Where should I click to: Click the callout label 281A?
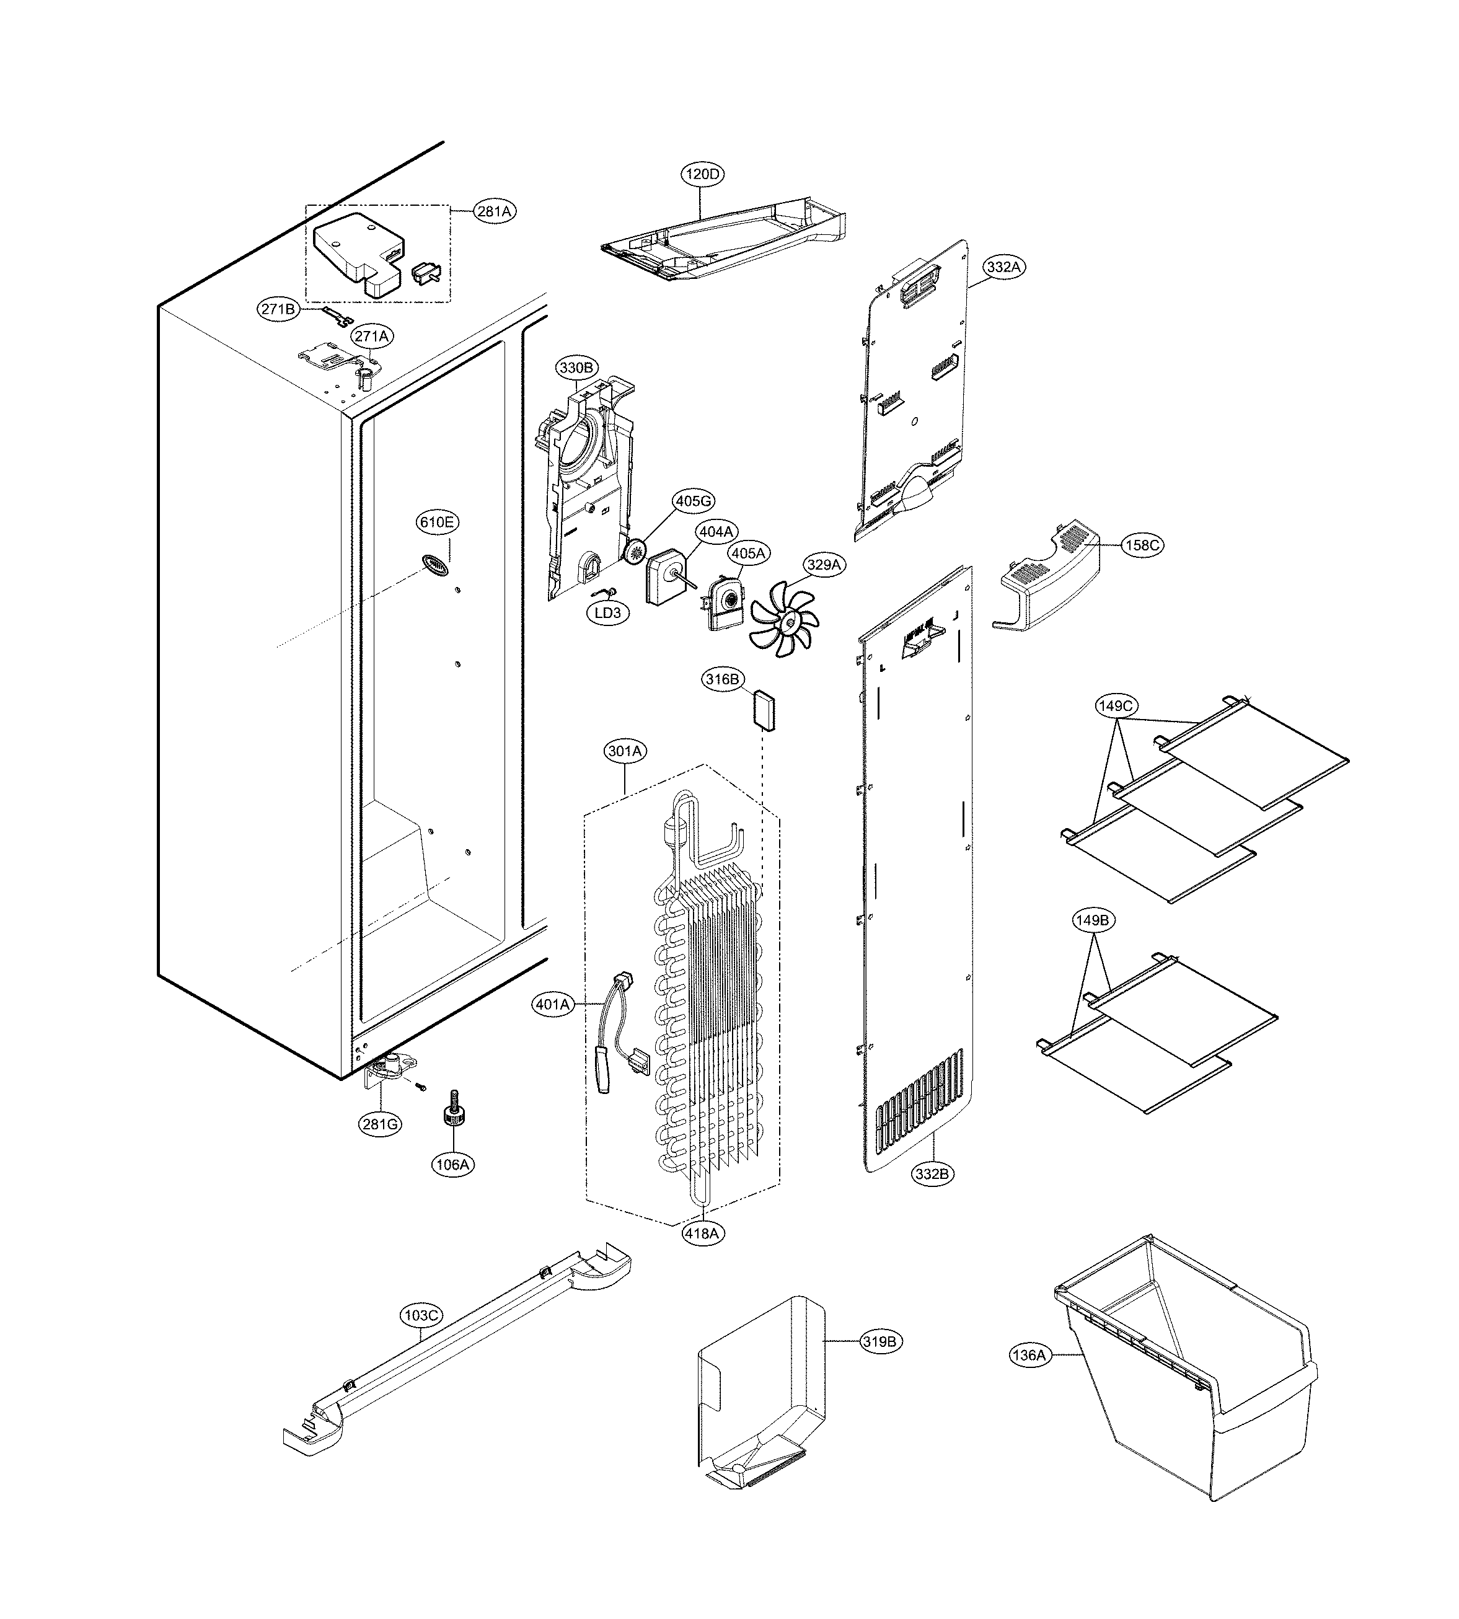click(494, 211)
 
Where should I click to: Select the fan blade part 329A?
click(784, 620)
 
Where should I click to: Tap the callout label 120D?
click(702, 174)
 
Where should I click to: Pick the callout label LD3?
click(607, 613)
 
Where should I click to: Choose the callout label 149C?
click(1115, 706)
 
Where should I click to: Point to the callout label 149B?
click(1092, 921)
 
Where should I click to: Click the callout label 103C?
click(421, 1315)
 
